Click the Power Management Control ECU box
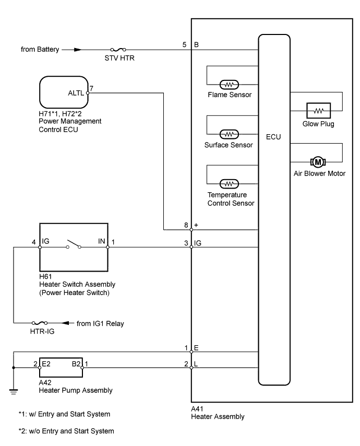[64, 93]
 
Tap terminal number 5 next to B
[185, 45]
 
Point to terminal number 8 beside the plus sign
[185, 225]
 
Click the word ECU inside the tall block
[273, 137]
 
